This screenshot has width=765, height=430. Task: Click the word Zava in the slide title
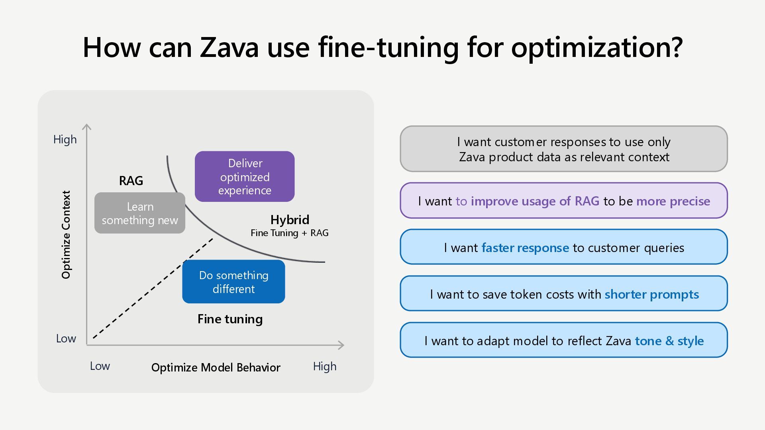click(229, 48)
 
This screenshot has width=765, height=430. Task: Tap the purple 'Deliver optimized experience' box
click(245, 176)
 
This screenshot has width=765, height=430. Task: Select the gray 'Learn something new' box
click(140, 213)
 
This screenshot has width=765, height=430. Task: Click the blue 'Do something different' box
click(233, 282)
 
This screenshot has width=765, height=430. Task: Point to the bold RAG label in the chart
click(131, 181)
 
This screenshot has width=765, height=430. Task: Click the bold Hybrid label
click(290, 220)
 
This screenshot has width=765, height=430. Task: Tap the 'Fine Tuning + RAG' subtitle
click(290, 233)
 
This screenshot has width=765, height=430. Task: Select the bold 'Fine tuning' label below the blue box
click(230, 319)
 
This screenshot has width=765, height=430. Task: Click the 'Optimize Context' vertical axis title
click(66, 235)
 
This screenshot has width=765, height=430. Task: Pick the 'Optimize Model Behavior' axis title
click(216, 367)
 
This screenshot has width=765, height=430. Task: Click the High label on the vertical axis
click(65, 139)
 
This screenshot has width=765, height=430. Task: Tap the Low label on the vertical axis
click(66, 338)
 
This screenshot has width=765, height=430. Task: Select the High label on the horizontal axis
click(325, 366)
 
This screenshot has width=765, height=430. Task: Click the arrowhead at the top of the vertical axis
click(86, 127)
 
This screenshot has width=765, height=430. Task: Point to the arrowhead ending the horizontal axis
click(341, 345)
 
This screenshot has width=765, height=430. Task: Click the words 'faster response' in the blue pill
click(525, 248)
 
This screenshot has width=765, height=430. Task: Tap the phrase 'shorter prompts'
click(652, 294)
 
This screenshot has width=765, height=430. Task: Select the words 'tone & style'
click(669, 341)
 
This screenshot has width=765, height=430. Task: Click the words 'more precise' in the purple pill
click(673, 201)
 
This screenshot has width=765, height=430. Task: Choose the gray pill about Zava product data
click(564, 149)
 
